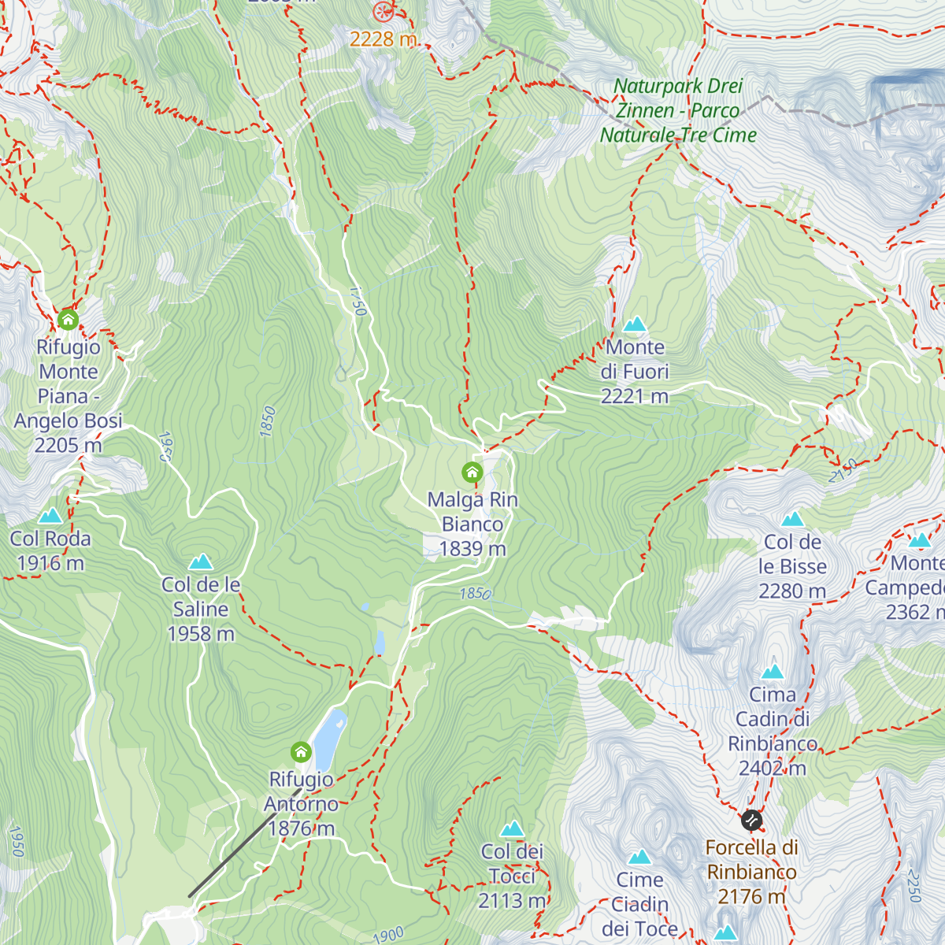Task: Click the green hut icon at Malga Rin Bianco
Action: tap(472, 472)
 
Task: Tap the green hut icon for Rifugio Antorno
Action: tap(301, 752)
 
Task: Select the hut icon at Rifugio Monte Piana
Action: tap(69, 320)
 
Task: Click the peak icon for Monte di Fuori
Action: tap(635, 324)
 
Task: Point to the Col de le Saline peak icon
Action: tap(201, 561)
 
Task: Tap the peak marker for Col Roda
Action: tap(50, 516)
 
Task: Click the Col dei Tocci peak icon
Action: tap(513, 828)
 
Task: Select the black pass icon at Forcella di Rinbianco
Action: tap(751, 821)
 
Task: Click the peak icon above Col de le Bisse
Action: tap(792, 519)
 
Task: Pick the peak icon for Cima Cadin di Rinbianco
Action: tap(773, 672)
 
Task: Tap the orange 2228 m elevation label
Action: tap(383, 39)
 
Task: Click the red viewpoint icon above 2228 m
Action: tap(383, 11)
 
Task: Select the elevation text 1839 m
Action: tap(472, 549)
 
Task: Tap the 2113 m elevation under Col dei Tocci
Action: tap(512, 900)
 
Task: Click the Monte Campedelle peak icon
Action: tap(920, 540)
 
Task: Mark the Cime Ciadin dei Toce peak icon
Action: tap(639, 857)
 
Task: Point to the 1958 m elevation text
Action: tap(201, 634)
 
